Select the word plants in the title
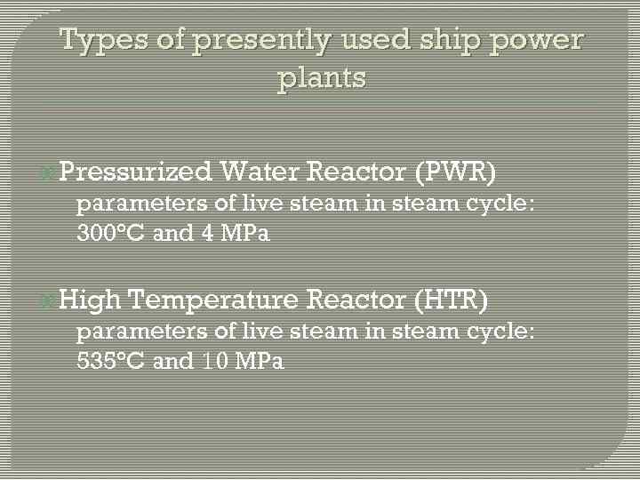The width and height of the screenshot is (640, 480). pyautogui.click(x=322, y=78)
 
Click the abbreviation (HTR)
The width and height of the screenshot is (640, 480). pyautogui.click(x=452, y=300)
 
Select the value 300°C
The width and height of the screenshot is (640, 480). pyautogui.click(x=112, y=234)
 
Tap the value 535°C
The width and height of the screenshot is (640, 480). pyautogui.click(x=112, y=362)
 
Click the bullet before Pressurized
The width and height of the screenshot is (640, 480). pyautogui.click(x=49, y=172)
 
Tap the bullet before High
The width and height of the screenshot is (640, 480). pyautogui.click(x=49, y=300)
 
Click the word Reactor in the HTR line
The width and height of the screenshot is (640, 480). pyautogui.click(x=356, y=300)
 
